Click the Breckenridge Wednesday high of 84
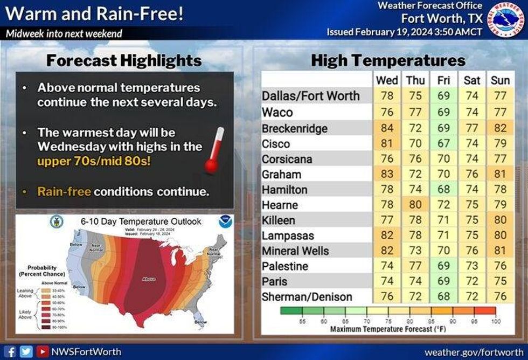[x=387, y=129]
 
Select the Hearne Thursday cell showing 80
[x=415, y=205]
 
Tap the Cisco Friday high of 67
[x=443, y=144]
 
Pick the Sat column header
[x=472, y=80]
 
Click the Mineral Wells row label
[x=295, y=251]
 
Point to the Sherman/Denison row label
[x=307, y=297]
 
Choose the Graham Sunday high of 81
[x=501, y=175]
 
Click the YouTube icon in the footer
[x=41, y=352]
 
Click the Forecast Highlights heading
[x=124, y=60]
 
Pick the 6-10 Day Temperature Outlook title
[x=141, y=221]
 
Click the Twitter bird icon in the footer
[x=26, y=352]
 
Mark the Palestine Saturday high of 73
[x=472, y=266]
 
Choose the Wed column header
[x=387, y=80]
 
